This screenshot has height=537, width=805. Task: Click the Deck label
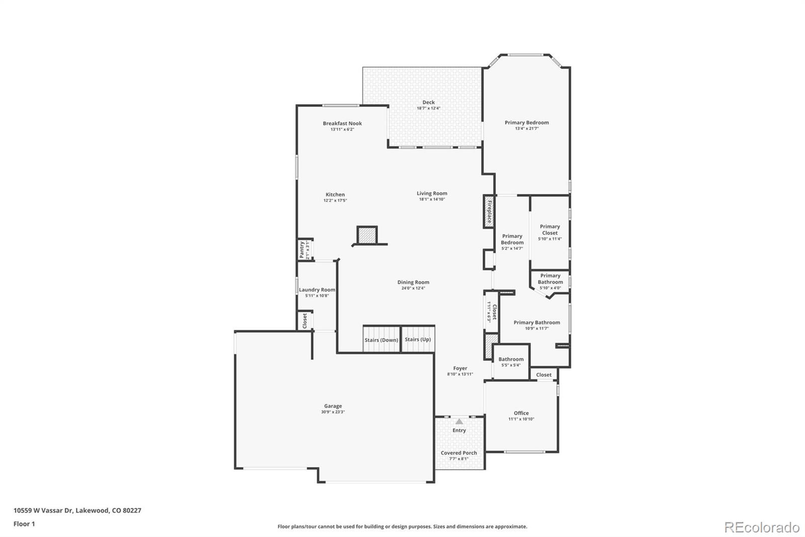point(428,102)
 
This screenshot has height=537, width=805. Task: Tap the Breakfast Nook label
point(342,123)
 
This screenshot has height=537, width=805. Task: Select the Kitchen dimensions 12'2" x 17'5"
point(335,200)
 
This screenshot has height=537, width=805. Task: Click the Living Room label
point(432,193)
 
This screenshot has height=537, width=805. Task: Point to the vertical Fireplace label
point(489,212)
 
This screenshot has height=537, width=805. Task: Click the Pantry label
point(302,250)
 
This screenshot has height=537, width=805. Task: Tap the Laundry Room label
point(317,290)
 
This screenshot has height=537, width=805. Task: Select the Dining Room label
point(413,283)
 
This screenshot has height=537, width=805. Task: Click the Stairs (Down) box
point(381,339)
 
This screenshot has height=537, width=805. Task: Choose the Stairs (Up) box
point(418,339)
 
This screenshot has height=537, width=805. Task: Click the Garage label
point(333,406)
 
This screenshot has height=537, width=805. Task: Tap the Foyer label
point(460,368)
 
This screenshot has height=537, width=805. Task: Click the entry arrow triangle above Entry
point(459,422)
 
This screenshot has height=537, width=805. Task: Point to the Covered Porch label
point(459,453)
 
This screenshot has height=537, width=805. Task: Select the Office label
point(521,413)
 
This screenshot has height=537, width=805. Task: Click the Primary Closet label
point(550,230)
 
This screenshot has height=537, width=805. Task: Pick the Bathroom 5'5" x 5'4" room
point(511,362)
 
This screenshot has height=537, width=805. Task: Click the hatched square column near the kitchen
point(367,235)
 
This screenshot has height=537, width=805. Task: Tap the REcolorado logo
point(762,527)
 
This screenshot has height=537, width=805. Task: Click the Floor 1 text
point(24,524)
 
